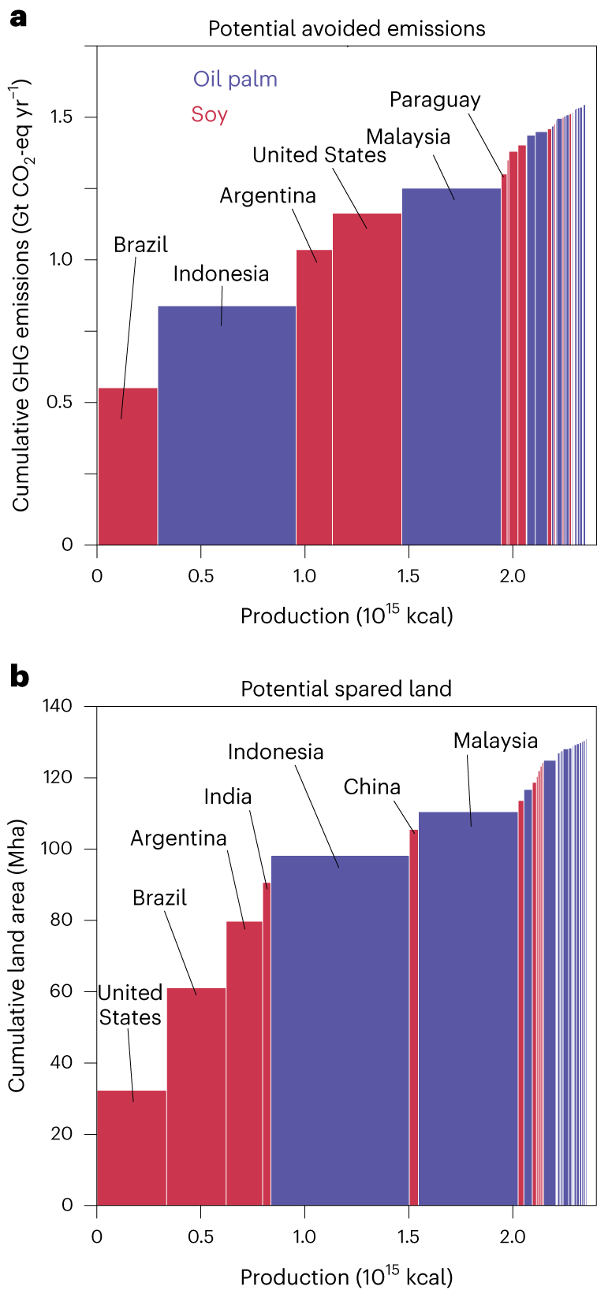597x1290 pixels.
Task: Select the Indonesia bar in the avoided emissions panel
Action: (x=227, y=426)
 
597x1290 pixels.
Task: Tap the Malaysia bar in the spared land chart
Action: (x=468, y=1009)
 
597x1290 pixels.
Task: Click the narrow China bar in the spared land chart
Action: (x=414, y=1017)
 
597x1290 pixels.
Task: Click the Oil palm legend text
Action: (x=235, y=80)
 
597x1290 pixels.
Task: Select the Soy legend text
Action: (x=209, y=115)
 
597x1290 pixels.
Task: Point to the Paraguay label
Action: (x=435, y=100)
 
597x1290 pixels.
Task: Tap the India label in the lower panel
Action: (x=228, y=797)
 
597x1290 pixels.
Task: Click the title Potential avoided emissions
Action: (x=346, y=29)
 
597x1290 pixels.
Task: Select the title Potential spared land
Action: (x=346, y=689)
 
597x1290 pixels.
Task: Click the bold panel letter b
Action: (x=19, y=676)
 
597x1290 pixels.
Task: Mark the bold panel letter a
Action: (x=17, y=17)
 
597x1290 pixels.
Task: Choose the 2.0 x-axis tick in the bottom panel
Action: (x=513, y=1236)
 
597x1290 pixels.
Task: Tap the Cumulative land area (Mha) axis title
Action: (x=17, y=955)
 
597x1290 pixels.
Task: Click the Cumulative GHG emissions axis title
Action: (x=21, y=295)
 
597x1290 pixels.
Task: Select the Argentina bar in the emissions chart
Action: (x=314, y=397)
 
